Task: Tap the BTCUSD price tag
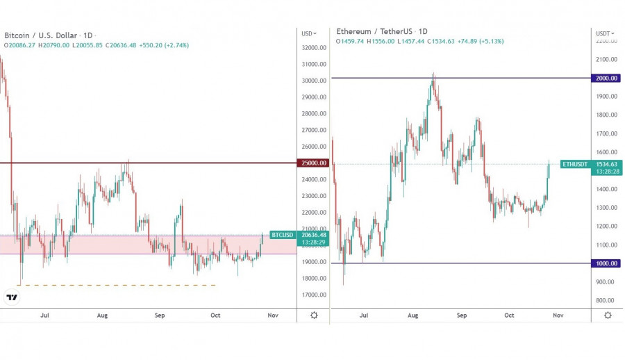[283, 235]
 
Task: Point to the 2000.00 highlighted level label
[606, 78]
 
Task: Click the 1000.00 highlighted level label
[606, 263]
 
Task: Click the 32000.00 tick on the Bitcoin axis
[314, 48]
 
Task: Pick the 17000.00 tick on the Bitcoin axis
[314, 295]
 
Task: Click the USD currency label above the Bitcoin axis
[307, 33]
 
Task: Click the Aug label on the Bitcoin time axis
[102, 316]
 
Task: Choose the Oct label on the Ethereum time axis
[509, 316]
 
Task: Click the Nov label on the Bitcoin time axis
[273, 316]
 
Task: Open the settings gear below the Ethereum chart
[608, 315]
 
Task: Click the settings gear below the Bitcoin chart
[314, 315]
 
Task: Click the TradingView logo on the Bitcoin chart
[12, 297]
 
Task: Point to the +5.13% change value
[491, 41]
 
